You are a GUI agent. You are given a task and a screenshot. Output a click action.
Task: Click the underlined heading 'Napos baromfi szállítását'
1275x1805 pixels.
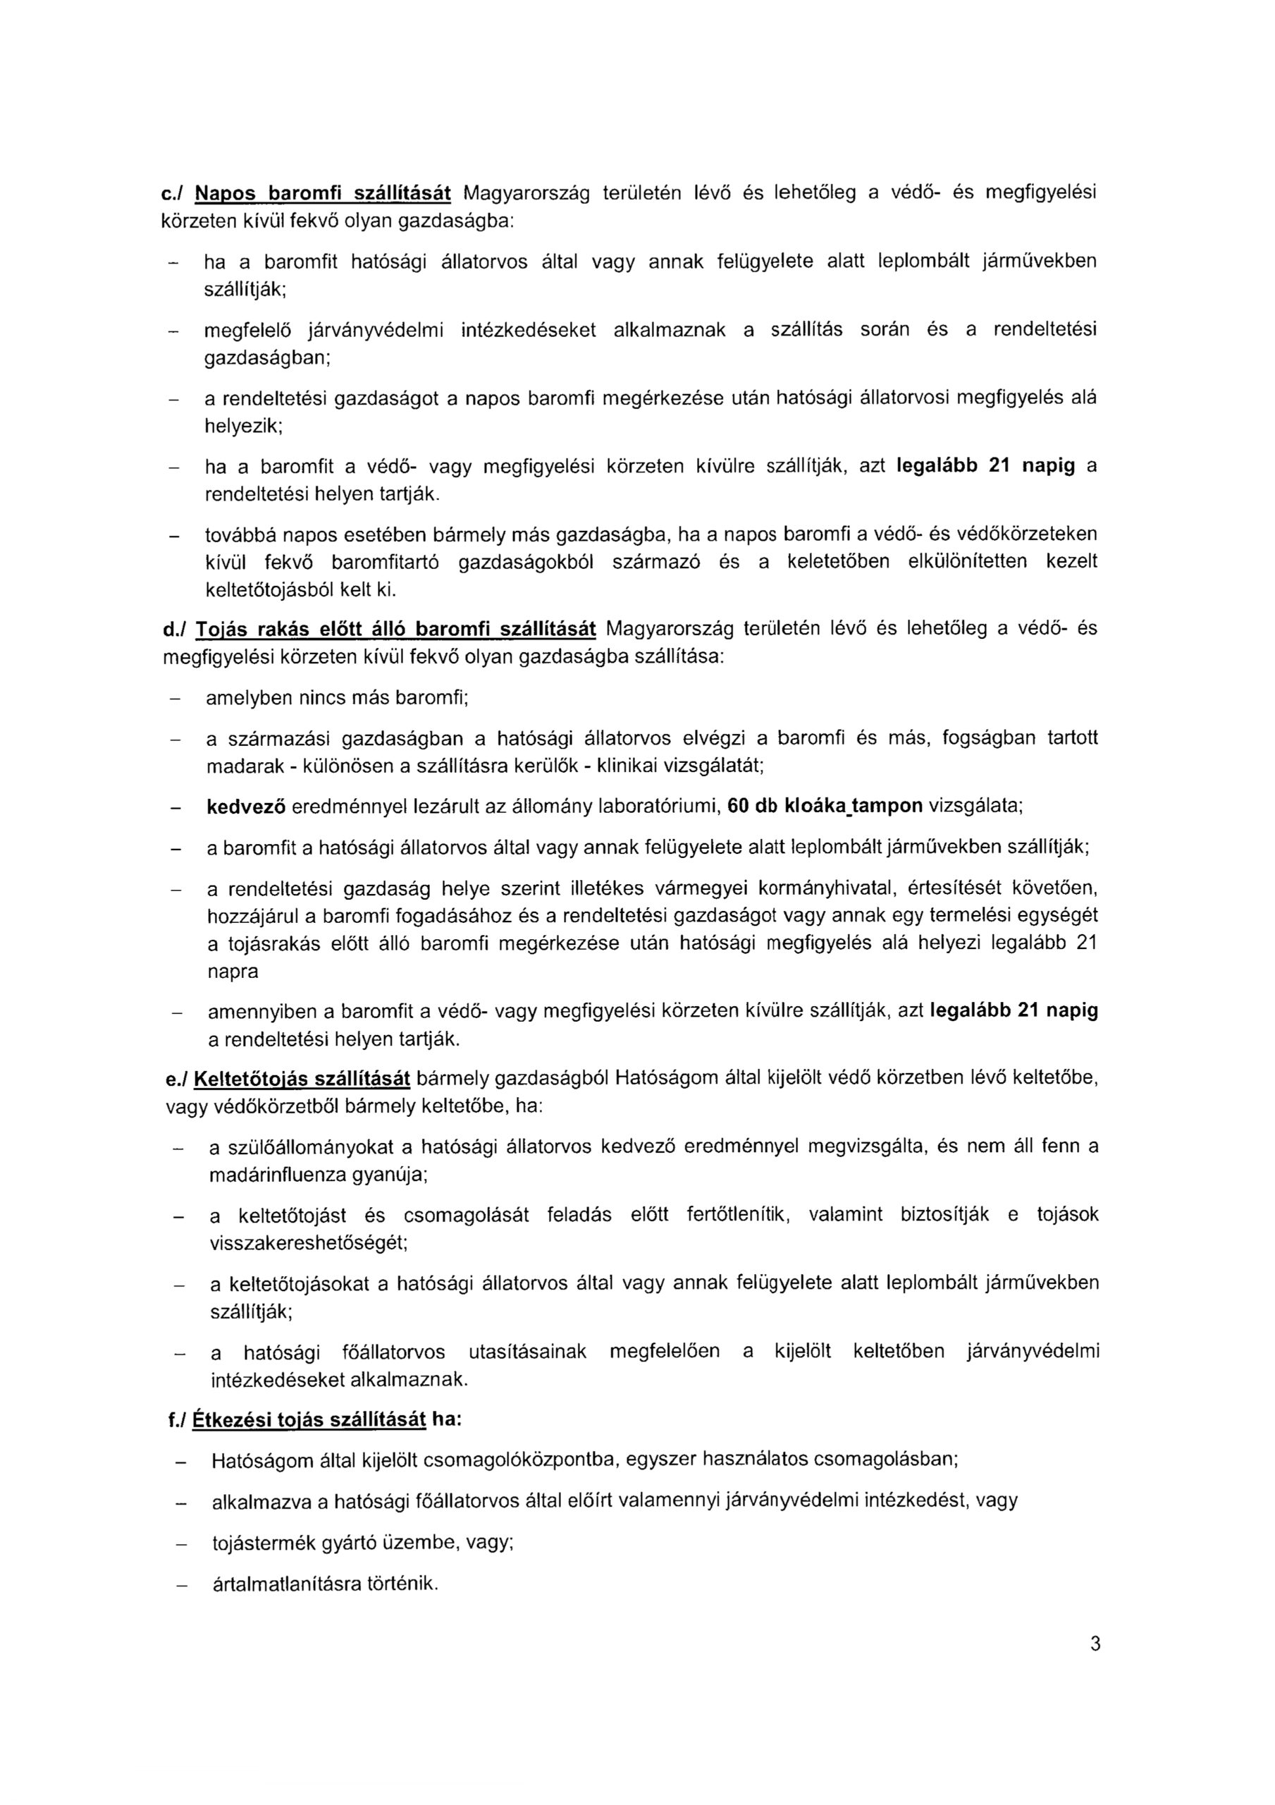click(x=322, y=192)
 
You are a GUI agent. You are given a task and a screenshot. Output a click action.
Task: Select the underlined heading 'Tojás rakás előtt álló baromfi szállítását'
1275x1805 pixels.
click(x=397, y=630)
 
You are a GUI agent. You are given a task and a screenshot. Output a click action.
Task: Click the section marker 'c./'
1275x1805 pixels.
click(x=171, y=192)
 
